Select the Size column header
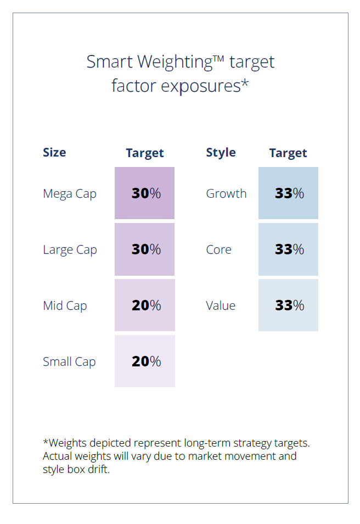pos(54,152)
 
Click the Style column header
pos(221,152)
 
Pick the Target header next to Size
pos(145,153)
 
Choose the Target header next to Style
pos(288,153)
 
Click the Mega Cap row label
pos(70,194)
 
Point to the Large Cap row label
pos(70,250)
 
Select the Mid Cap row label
pos(65,306)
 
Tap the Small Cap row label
pos(69,362)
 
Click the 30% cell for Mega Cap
pos(145,193)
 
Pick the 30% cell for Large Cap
pos(145,249)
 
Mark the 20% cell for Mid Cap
pos(145,305)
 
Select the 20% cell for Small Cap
pos(145,361)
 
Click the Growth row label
pos(226,194)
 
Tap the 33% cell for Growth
pos(289,193)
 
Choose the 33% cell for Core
pos(289,249)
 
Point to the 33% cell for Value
pos(289,305)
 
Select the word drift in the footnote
pos(100,470)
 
